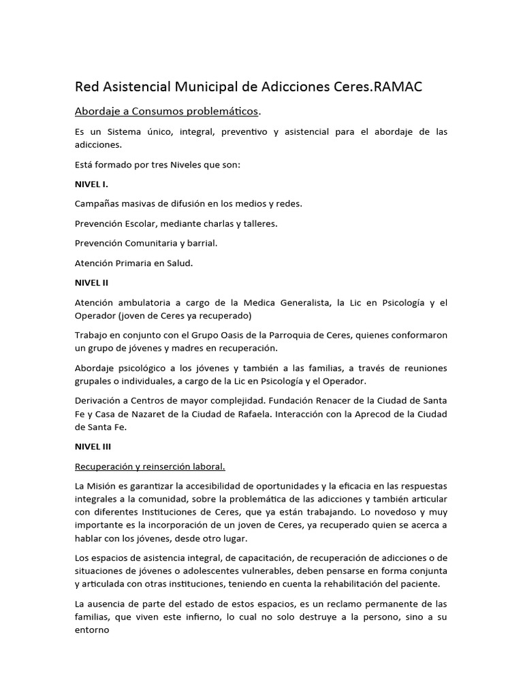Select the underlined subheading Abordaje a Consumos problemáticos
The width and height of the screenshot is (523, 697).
(x=166, y=111)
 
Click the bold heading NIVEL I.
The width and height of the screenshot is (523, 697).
(x=91, y=184)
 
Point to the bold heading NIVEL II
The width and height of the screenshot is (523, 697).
(x=92, y=282)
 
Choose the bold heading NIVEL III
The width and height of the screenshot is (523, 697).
(x=93, y=447)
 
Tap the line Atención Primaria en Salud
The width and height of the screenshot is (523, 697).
(x=134, y=263)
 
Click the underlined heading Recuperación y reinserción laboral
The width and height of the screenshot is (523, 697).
(x=150, y=466)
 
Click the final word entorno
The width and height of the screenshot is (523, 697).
(x=92, y=630)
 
